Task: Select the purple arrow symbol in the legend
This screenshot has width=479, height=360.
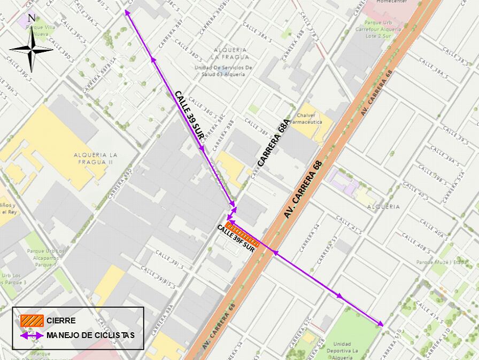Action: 32,335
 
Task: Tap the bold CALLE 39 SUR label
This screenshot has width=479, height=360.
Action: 189,115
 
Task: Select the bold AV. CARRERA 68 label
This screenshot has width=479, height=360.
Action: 304,190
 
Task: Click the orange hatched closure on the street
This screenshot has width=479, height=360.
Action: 243,235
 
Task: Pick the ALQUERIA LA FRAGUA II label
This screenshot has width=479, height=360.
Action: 97,158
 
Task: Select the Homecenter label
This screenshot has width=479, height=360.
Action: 391,2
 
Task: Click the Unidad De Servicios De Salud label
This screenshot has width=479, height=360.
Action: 223,71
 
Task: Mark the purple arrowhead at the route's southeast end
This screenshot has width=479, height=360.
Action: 381,324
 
